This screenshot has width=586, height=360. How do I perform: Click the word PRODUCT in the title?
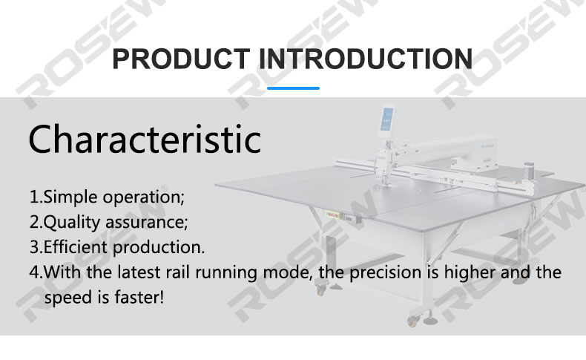point(181,59)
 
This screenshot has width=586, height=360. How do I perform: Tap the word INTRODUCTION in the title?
point(366,59)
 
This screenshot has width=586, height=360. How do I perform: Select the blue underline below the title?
point(294,88)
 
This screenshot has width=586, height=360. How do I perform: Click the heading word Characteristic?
point(145,140)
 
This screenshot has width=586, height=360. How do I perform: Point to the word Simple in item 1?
point(70,197)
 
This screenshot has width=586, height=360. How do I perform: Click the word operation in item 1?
point(143,197)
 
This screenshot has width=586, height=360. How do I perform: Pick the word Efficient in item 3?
point(76,247)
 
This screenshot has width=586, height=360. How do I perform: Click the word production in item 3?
point(159,248)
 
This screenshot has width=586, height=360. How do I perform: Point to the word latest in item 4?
point(139,272)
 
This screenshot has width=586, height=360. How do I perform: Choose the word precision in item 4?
point(385,273)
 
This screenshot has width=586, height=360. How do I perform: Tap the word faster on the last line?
point(139,298)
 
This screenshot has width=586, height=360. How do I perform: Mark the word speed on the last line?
point(69,298)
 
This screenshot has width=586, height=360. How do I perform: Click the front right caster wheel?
point(412,321)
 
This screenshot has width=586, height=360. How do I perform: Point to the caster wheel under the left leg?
point(320,289)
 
